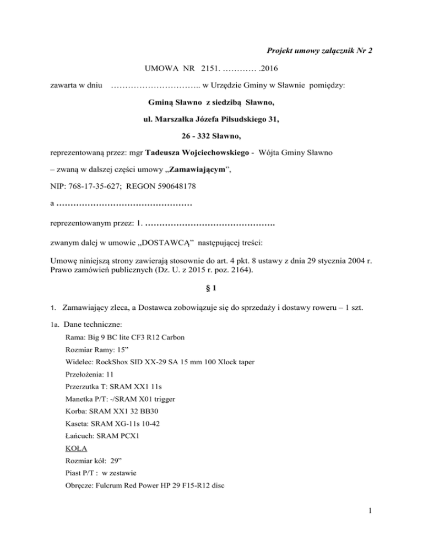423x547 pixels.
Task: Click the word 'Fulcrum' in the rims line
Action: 110,490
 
